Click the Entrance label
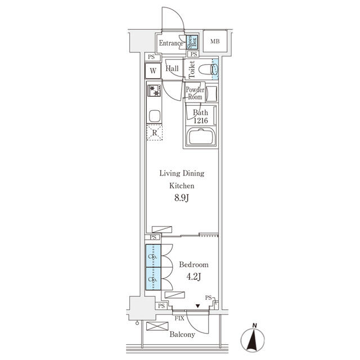[x=170, y=43]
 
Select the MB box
[x=215, y=42]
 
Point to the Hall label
[x=173, y=68]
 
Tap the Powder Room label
[x=195, y=93]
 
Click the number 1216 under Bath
[x=201, y=121]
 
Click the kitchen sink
[x=154, y=116]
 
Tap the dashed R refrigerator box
[x=154, y=133]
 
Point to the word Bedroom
[x=193, y=264]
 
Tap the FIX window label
[x=179, y=318]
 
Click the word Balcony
[x=182, y=335]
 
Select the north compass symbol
[x=254, y=339]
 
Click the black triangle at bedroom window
[x=198, y=307]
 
